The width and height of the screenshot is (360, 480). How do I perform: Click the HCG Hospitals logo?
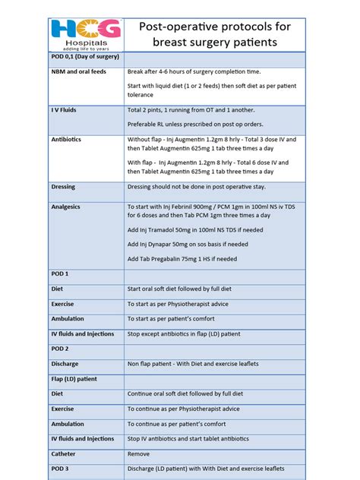pyautogui.click(x=87, y=33)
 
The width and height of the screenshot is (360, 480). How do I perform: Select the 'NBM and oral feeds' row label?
pyautogui.click(x=79, y=71)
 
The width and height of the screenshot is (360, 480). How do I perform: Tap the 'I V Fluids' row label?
pyautogui.click(x=64, y=110)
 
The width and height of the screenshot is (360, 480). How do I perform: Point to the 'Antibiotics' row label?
pyautogui.click(x=67, y=140)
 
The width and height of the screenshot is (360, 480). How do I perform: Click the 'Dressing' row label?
pyautogui.click(x=63, y=186)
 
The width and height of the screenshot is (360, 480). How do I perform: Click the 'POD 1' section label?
pyautogui.click(x=60, y=273)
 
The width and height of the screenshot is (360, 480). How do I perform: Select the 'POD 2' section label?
pyautogui.click(x=60, y=349)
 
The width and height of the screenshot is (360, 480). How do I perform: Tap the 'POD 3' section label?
pyautogui.click(x=60, y=469)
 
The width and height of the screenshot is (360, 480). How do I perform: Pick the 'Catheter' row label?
pyautogui.click(x=65, y=453)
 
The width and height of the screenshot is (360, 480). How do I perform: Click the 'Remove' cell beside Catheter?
pyautogui.click(x=138, y=453)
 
